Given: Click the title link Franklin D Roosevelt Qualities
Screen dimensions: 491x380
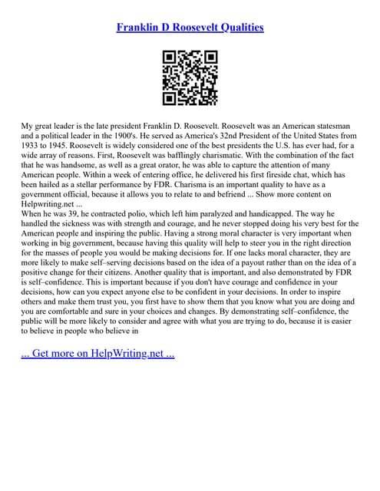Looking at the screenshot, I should pyautogui.click(x=190, y=28).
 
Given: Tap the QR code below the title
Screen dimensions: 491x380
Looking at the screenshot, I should pyautogui.click(x=190, y=77).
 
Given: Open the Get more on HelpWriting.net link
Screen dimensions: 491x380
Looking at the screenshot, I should pyautogui.click(x=97, y=356).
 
